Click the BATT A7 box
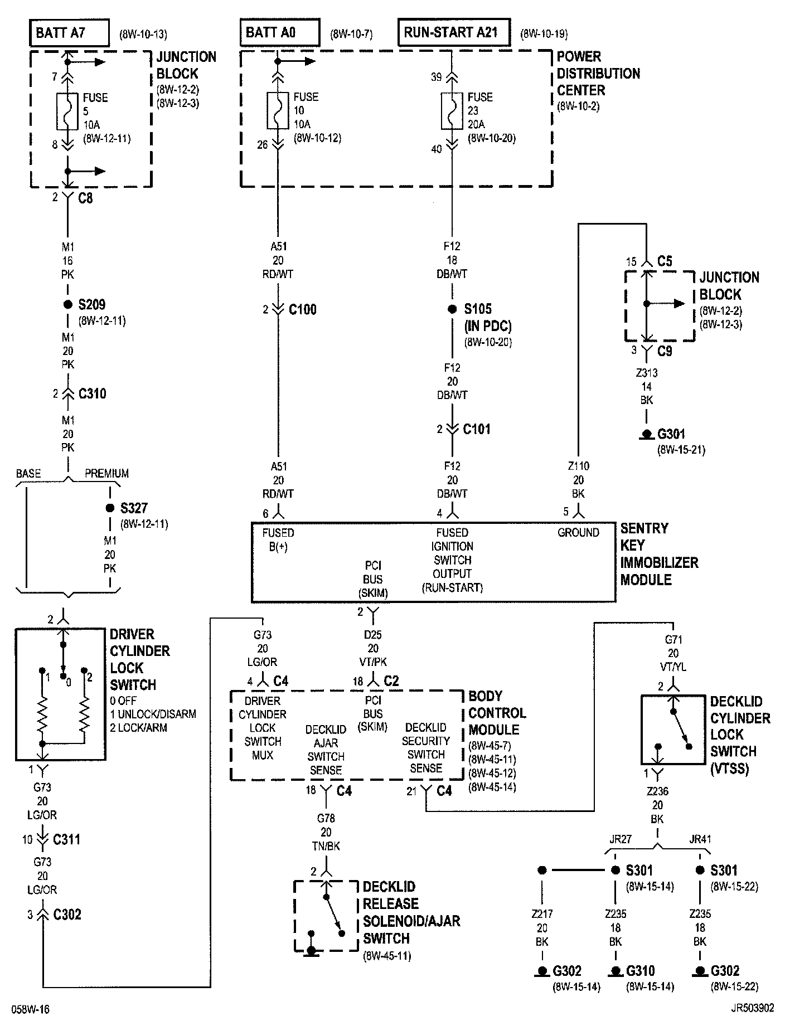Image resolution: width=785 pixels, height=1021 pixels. (x=69, y=32)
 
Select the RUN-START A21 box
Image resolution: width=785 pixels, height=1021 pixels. (x=454, y=32)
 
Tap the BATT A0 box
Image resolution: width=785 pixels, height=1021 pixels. (x=280, y=32)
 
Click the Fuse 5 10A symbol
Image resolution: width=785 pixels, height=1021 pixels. (x=67, y=111)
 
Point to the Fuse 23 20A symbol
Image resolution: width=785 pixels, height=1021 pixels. (x=452, y=111)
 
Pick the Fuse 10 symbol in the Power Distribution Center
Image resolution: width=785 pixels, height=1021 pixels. (x=278, y=111)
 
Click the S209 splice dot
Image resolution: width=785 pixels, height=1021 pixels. (x=68, y=304)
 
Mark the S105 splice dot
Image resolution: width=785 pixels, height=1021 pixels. (x=452, y=309)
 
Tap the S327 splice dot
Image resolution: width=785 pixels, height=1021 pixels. (x=110, y=508)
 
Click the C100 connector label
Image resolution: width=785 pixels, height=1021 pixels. (x=302, y=310)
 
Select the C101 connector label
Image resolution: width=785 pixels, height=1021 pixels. (x=477, y=429)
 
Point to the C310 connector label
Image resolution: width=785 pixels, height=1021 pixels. (x=92, y=394)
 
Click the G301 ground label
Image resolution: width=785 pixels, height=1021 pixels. (x=671, y=434)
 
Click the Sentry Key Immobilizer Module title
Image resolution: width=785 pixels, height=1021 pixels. (x=659, y=554)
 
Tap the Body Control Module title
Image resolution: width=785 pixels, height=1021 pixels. (x=497, y=713)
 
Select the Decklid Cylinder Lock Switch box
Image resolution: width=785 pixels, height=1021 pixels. (x=673, y=730)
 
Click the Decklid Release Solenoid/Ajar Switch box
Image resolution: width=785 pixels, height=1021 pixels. (x=326, y=915)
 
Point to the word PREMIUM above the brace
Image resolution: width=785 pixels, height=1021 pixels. (x=106, y=474)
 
